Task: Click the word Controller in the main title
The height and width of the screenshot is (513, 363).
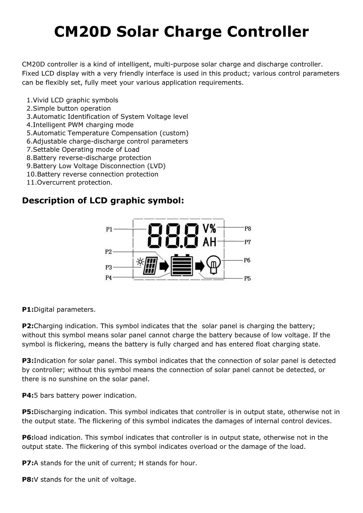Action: click(x=267, y=32)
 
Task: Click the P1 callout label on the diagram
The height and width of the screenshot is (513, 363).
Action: click(x=109, y=229)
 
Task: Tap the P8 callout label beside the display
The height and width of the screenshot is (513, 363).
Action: click(x=247, y=229)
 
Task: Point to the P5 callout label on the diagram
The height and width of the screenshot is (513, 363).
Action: click(x=247, y=279)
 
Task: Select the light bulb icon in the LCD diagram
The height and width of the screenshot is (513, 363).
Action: click(x=213, y=265)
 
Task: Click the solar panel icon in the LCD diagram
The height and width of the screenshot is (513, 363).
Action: click(x=151, y=266)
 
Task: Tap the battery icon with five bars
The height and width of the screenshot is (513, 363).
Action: click(x=182, y=265)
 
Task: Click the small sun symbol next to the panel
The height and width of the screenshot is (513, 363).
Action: click(x=140, y=262)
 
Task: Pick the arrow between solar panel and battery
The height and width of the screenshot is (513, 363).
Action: click(x=164, y=266)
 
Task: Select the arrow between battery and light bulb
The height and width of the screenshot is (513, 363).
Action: click(x=200, y=266)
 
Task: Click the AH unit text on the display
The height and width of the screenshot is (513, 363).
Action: click(x=209, y=242)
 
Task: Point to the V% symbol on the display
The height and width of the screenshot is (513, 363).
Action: click(x=209, y=229)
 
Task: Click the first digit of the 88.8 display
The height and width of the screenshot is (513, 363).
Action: click(x=155, y=235)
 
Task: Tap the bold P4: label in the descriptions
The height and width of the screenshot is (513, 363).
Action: click(x=28, y=395)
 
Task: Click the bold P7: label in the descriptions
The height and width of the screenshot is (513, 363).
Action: click(x=28, y=463)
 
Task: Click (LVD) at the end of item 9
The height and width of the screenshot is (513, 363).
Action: click(x=156, y=166)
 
